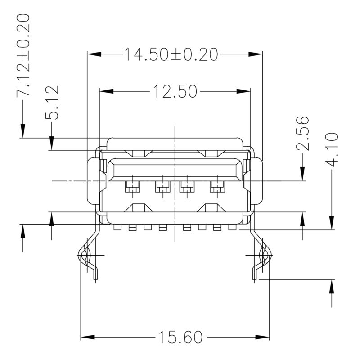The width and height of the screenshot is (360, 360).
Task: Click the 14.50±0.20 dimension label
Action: coord(171,54)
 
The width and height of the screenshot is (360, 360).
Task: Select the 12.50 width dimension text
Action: coord(174,92)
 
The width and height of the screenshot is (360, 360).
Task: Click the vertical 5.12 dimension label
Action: coord(52,103)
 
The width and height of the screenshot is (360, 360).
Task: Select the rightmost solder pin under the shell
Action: coord(232,228)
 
